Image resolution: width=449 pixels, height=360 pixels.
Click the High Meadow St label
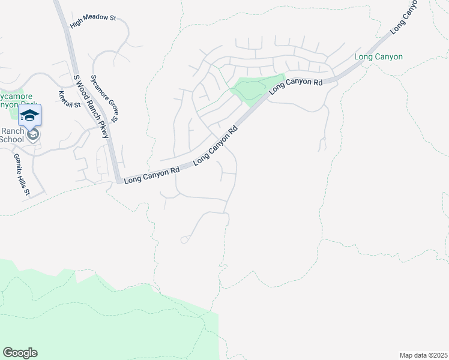pyautogui.click(x=92, y=21)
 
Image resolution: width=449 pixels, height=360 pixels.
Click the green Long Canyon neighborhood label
pyautogui.click(x=378, y=57)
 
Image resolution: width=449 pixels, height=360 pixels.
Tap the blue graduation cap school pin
pyautogui.click(x=29, y=115)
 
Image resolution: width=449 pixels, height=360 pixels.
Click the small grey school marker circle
pyautogui.click(x=34, y=135)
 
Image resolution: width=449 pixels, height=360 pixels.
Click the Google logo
pyautogui.click(x=20, y=353)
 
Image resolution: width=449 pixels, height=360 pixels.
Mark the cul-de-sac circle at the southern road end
pyautogui.click(x=184, y=240)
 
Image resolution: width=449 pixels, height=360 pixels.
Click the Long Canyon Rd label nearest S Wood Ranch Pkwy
pyautogui.click(x=151, y=175)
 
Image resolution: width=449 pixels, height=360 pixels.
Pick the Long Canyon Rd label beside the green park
pyautogui.click(x=296, y=85)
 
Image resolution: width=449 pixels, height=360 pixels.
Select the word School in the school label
pyautogui.click(x=11, y=140)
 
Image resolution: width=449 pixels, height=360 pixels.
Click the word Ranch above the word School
pyautogui.click(x=11, y=131)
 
